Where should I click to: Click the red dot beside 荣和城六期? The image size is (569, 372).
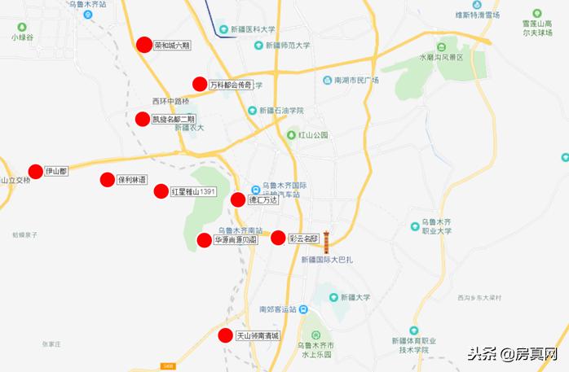[x=144, y=45]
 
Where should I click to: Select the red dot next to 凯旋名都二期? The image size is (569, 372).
[x=143, y=119]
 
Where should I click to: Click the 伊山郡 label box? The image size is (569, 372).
[x=56, y=172]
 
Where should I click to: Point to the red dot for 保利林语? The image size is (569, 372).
[x=107, y=180]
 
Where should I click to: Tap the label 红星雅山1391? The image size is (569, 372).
[x=193, y=191]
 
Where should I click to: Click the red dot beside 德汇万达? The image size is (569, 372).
[x=238, y=199]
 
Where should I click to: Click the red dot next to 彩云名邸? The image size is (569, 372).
[x=278, y=238]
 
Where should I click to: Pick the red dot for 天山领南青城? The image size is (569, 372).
[x=226, y=335]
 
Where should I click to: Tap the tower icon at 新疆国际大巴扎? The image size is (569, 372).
[x=326, y=241]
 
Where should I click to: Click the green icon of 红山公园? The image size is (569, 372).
[x=291, y=135]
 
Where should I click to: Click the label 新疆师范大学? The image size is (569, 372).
[x=281, y=46]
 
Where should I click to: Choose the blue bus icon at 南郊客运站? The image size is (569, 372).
[x=302, y=309]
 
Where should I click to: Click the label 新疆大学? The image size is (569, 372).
[x=357, y=297]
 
